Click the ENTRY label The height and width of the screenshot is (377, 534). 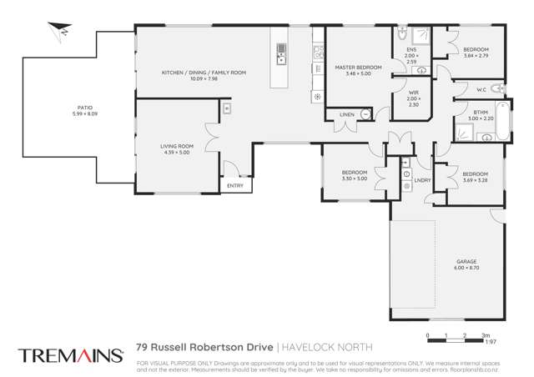pos(235,186)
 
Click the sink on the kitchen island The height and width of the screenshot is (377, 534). pos(280,58)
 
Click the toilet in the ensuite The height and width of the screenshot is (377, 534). pos(402,35)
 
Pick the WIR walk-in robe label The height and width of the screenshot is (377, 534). pos(413,93)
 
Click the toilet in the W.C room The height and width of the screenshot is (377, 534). pos(497,88)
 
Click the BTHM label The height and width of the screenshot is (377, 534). pos(480,112)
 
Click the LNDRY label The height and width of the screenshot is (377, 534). pos(422,180)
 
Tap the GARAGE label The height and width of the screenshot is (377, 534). pos(466,262)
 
